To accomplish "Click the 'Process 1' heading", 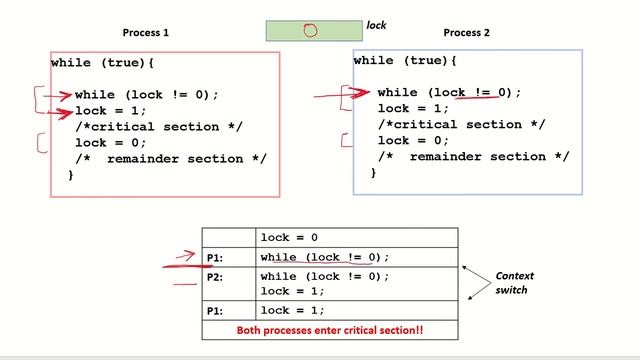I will (146, 33).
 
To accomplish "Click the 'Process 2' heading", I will (467, 33).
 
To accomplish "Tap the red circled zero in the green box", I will (310, 30).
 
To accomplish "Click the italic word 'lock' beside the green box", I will (376, 25).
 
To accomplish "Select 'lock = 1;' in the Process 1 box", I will (110, 110).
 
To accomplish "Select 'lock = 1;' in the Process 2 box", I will (414, 108).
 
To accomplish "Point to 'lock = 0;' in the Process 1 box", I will (110, 143).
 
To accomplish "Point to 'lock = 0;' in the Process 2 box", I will (414, 140).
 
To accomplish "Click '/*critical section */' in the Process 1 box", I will (159, 127).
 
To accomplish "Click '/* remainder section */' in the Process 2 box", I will (473, 157).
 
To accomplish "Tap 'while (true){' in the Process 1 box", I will (103, 63).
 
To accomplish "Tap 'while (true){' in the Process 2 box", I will (406, 61).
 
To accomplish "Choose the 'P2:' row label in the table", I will (215, 277).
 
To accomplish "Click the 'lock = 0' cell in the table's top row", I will (289, 238).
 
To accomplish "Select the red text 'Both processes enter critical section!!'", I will (329, 329).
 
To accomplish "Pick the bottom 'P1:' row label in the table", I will (215, 311).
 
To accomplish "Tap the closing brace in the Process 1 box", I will (71, 176).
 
